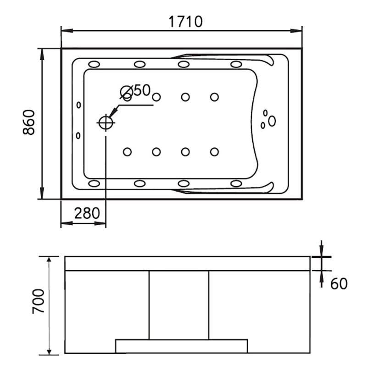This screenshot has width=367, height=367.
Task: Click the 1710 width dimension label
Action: (186, 22)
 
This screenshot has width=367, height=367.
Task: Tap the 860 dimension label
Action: (29, 122)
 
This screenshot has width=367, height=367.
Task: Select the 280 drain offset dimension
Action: (87, 213)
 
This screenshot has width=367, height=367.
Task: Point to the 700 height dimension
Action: (38, 301)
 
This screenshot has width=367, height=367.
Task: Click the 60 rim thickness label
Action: (339, 284)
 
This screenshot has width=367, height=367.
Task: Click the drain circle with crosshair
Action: (106, 122)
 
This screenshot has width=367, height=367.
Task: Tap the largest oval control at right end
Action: (272, 121)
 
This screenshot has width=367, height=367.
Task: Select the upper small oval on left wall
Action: (78, 105)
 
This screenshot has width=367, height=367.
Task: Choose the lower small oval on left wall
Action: (78, 135)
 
